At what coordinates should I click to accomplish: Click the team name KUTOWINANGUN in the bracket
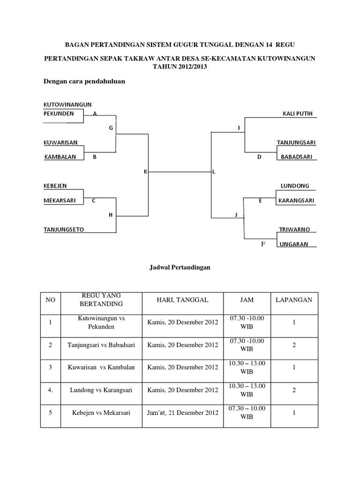[x=67, y=104]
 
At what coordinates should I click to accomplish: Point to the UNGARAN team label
[x=294, y=244]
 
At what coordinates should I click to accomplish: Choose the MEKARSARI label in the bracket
[x=62, y=201]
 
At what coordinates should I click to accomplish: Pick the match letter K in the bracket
[x=145, y=172]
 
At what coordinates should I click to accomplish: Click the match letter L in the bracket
[x=214, y=172]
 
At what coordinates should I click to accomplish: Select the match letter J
[x=237, y=215]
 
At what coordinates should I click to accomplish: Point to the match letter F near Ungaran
[x=263, y=244]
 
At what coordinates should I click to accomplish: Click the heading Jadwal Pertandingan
[x=180, y=267]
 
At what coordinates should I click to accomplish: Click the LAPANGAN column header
[x=293, y=300]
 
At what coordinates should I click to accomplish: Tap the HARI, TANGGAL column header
[x=183, y=300]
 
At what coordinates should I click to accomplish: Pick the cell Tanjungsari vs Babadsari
[x=98, y=345]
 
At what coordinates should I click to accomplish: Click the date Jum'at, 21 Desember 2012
[x=183, y=413]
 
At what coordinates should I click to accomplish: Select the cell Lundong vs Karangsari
[x=98, y=390]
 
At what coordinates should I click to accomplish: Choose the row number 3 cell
[x=50, y=367]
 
